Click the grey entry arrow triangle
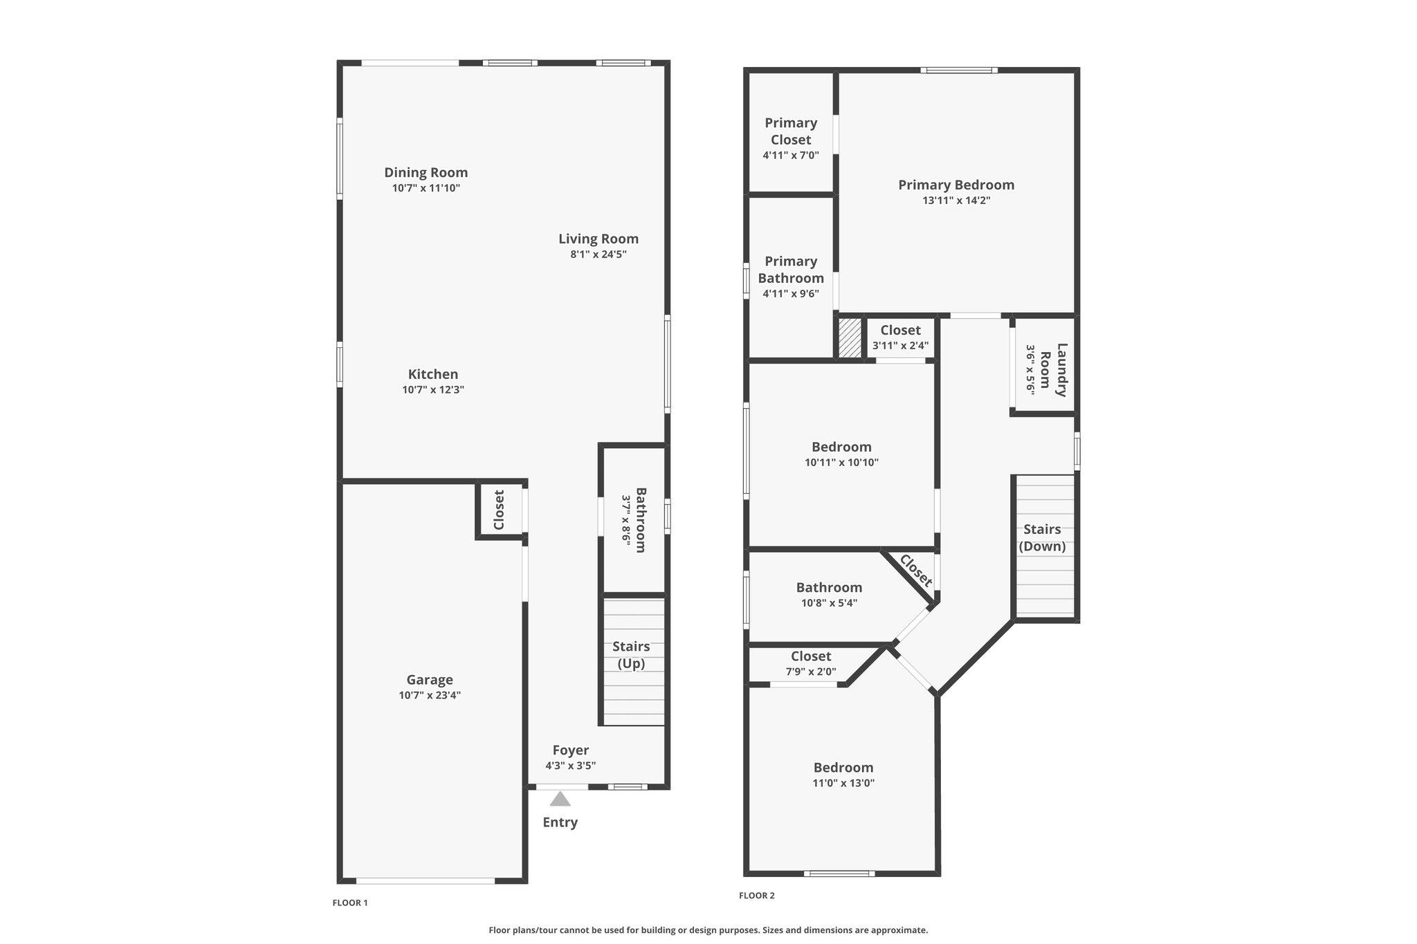pos(560,799)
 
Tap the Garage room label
pos(430,680)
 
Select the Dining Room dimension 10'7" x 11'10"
pos(426,188)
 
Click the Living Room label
pos(598,239)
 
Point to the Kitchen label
pos(433,374)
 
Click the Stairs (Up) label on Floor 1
pos(631,655)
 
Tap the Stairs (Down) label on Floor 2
pos(1042,537)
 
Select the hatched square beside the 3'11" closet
pos(850,337)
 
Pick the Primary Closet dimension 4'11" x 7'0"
pos(791,156)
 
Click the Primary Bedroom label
pos(956,185)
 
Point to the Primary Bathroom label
pos(791,270)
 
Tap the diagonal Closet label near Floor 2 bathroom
pos(916,571)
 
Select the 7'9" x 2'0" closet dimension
pos(811,672)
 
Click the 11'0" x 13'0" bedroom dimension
pos(843,783)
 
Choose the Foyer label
pos(571,750)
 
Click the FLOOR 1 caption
pos(350,903)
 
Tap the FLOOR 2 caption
pos(757,896)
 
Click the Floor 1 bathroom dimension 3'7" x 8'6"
pos(626,520)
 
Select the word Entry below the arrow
pos(560,822)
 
